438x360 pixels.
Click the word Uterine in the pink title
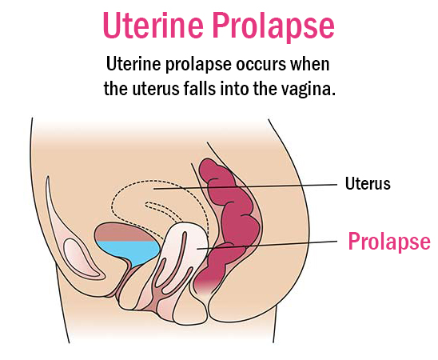153,25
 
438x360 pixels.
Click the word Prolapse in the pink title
273,27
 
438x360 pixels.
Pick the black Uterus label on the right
368,183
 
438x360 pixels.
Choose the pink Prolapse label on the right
389,242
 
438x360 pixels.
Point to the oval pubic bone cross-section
78,253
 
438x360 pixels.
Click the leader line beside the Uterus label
245,186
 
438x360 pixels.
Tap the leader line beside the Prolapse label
267,245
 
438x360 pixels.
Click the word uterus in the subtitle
156,89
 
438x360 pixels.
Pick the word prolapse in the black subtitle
198,65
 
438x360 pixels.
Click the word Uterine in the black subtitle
133,64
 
